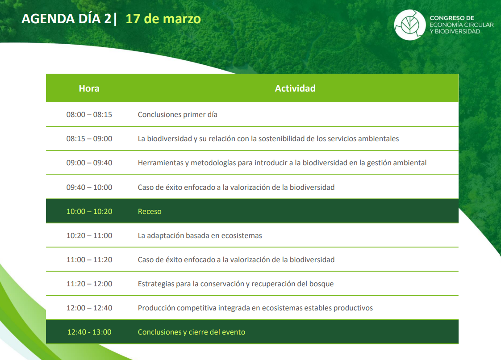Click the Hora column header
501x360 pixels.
[x=89, y=88]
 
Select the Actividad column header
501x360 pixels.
[x=295, y=88]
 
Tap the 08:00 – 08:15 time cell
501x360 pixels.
[x=89, y=114]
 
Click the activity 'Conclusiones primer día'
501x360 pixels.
[x=178, y=114]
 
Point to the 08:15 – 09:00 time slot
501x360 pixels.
[x=89, y=139]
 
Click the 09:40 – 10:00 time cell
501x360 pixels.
[x=89, y=187]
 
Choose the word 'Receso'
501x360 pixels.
[x=150, y=211]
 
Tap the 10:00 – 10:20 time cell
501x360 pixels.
[x=89, y=211]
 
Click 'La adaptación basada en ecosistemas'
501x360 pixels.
[x=200, y=236]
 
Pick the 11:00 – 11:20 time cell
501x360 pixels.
[x=89, y=260]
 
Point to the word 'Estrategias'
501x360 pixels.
[x=156, y=284]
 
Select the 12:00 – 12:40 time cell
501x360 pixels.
[x=89, y=308]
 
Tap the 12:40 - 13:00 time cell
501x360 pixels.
[x=89, y=332]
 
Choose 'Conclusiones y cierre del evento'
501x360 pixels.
[x=192, y=332]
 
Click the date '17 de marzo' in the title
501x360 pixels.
[x=163, y=19]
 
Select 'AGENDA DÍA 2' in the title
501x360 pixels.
[x=67, y=19]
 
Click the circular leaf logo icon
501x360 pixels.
[x=409, y=25]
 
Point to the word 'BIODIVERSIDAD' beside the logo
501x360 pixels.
[x=457, y=31]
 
